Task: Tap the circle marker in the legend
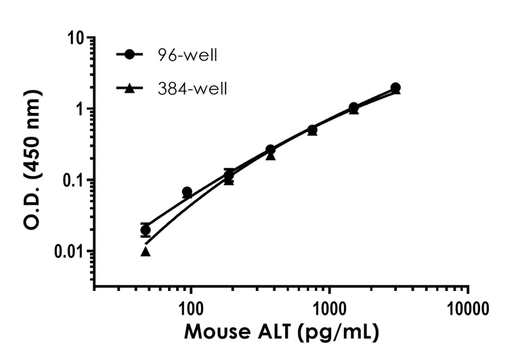pos(127,55)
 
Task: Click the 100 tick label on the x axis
pos(191,307)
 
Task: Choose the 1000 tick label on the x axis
pos(330,307)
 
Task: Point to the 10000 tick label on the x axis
pos(468,307)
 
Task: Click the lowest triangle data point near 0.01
pos(146,252)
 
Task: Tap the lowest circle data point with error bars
pos(146,230)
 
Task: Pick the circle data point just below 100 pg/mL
pos(187,192)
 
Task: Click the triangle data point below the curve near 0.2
pos(270,156)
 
